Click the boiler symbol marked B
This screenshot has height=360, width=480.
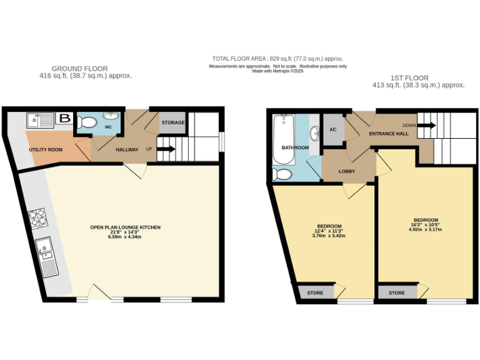64,118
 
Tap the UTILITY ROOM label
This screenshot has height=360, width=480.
47,150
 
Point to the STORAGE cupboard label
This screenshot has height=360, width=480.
173,122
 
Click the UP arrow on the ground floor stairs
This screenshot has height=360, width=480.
165,149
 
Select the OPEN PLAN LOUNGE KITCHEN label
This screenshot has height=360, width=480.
125,227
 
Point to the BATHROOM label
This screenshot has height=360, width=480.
295,148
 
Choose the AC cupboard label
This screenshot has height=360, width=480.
332,129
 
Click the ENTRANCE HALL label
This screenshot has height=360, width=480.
388,134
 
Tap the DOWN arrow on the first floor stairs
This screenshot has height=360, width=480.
426,125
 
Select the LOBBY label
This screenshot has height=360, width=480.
347,171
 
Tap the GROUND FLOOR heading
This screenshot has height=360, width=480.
79,69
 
